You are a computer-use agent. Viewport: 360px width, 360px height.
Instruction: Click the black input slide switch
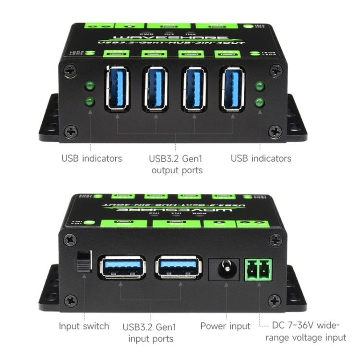pyautogui.click(x=84, y=261)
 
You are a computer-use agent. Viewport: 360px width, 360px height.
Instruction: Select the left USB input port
pyautogui.click(x=122, y=267)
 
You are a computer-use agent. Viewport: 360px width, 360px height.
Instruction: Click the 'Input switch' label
pyautogui.click(x=84, y=326)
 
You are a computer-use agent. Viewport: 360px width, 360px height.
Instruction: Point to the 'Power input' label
pyautogui.click(x=225, y=326)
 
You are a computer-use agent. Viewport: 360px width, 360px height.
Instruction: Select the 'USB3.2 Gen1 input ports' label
pyautogui.click(x=149, y=333)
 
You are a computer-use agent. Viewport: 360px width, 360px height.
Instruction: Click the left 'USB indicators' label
pyautogui.click(x=92, y=158)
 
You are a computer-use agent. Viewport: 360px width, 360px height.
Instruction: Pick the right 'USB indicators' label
pyautogui.click(x=261, y=158)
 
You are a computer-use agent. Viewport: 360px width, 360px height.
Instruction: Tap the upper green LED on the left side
pyautogui.click(x=89, y=86)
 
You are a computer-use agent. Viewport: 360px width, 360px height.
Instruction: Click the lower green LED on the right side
pyautogui.click(x=260, y=102)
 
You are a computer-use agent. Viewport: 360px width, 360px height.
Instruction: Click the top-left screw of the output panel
pyautogui.click(x=71, y=72)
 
